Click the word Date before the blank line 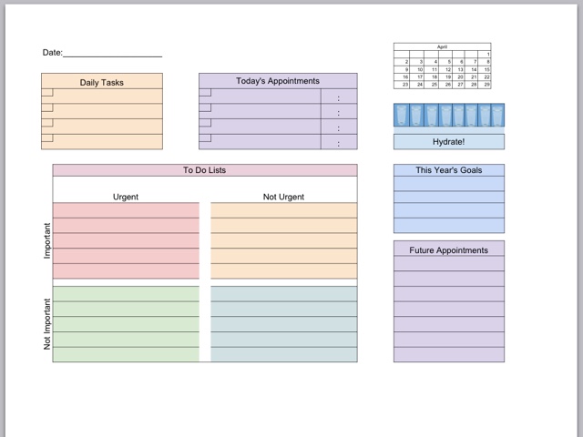51,53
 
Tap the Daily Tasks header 101,82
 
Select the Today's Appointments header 278,81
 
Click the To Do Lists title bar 205,170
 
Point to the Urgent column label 126,197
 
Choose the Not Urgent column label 283,197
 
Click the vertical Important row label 47,240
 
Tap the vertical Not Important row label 47,324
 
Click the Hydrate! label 448,142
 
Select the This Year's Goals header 448,170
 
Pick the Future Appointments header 448,250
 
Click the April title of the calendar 442,46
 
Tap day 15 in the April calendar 487,69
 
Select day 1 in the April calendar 487,55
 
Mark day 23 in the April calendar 406,84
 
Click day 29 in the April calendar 487,84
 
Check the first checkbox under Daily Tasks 47,93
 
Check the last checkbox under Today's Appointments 205,138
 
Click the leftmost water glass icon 402,116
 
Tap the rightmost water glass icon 497,116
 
